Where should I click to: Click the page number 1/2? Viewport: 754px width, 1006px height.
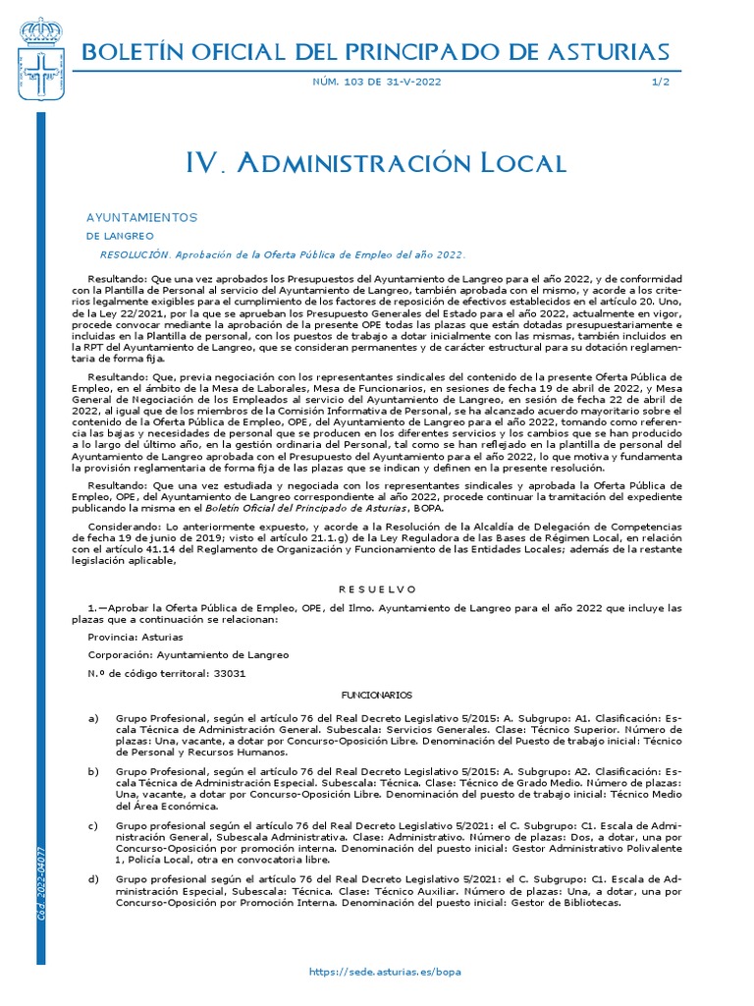[x=661, y=82]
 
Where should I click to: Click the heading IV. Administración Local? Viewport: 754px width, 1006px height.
[x=376, y=163]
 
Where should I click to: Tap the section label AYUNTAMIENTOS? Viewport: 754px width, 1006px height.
[x=142, y=216]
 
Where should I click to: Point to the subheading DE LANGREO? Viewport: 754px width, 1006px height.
[x=120, y=237]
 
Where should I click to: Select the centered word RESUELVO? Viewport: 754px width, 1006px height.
[x=378, y=588]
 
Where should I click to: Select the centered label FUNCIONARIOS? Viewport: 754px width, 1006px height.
[x=378, y=695]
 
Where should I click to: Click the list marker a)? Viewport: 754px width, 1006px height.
[x=93, y=719]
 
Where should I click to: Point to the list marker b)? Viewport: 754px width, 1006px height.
[x=93, y=772]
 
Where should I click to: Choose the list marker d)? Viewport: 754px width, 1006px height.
[x=93, y=878]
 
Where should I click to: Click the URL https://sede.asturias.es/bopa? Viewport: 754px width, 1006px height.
[x=384, y=971]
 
